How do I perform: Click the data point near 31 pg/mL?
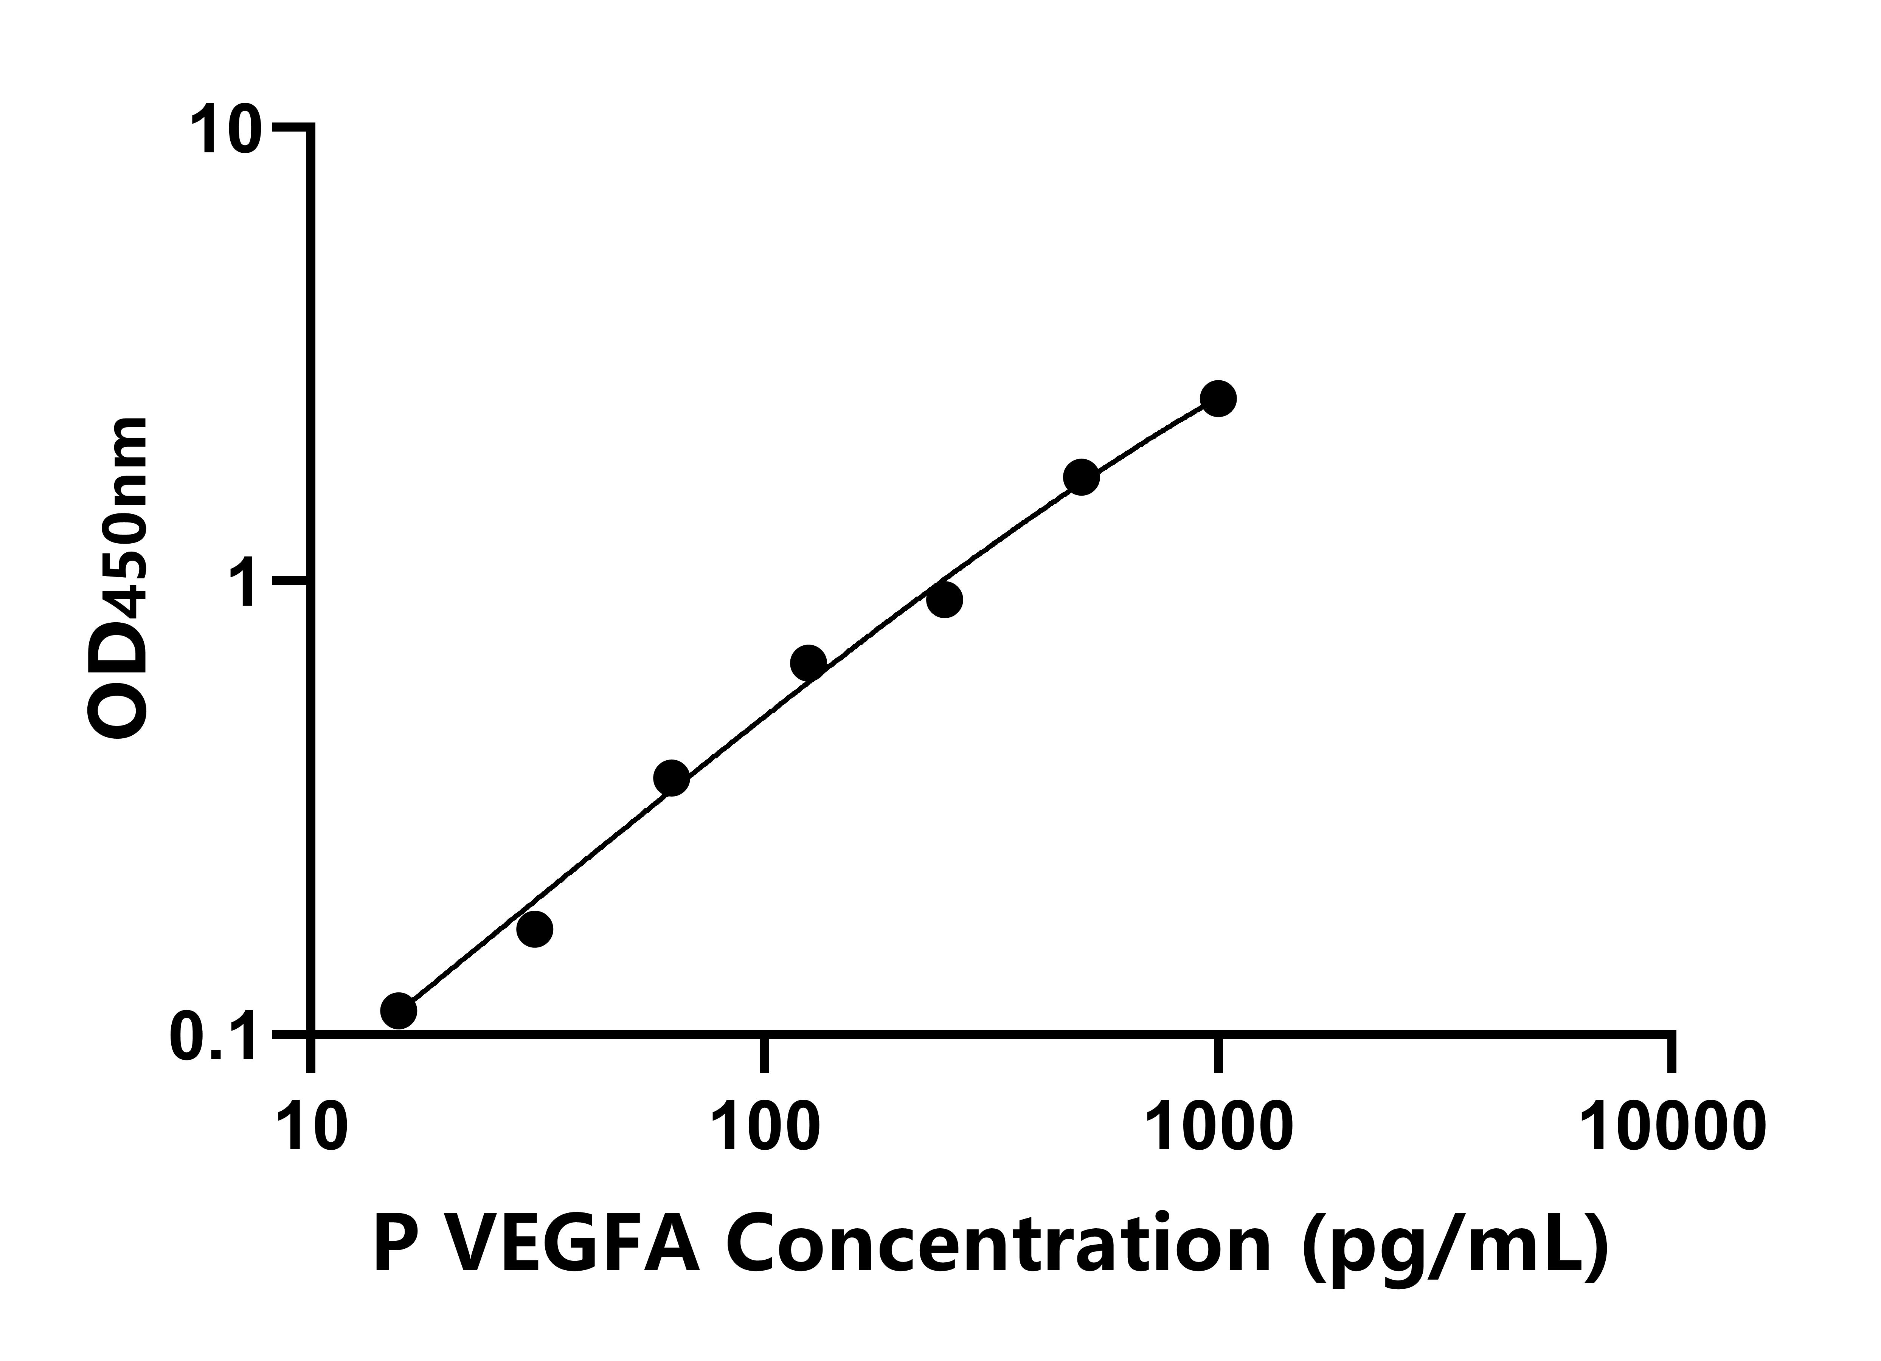click(535, 929)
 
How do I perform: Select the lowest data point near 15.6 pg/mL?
click(399, 1010)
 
